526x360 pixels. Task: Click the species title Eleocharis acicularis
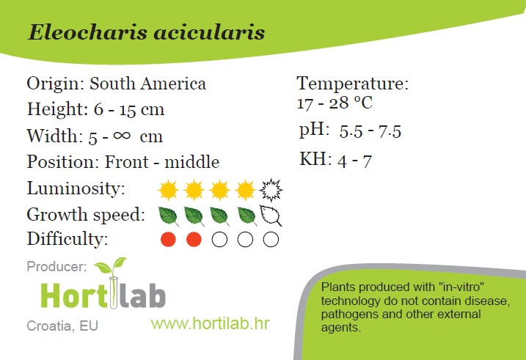point(146,32)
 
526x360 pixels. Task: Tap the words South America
point(147,84)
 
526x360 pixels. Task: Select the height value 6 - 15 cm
point(129,109)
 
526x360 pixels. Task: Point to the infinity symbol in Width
point(122,135)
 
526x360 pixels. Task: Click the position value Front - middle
point(162,162)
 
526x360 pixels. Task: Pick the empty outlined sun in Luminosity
point(271,190)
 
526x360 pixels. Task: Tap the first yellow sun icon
point(168,190)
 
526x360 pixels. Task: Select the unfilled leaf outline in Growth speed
point(271,216)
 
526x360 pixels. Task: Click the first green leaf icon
point(168,216)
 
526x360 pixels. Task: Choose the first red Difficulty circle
point(168,240)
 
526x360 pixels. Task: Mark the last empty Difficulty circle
point(271,240)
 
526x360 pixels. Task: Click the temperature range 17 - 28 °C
point(335,103)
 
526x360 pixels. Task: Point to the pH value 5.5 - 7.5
point(370,131)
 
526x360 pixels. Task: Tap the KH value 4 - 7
point(354,161)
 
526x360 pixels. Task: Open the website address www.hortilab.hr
point(211,324)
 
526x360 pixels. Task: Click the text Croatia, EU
point(62,326)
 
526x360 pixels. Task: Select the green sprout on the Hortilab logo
point(111,266)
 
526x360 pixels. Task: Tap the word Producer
point(56,267)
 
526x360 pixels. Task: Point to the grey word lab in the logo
point(143,295)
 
